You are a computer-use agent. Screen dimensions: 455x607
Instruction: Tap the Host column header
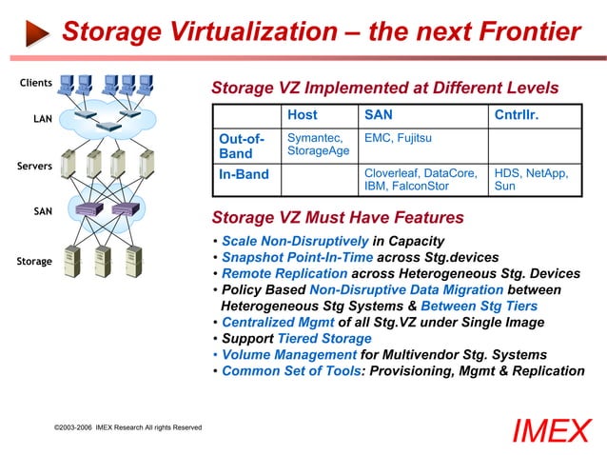coord(302,116)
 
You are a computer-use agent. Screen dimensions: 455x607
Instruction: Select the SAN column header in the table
coord(378,116)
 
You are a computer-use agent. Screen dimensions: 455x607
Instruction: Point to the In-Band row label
coord(244,174)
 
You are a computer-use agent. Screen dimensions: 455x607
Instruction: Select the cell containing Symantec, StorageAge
coord(318,145)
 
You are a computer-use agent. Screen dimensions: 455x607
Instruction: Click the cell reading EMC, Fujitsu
coord(398,139)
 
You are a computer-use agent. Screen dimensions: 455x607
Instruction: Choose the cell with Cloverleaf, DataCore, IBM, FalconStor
coord(421,180)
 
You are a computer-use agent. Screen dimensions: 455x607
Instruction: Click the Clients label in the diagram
coord(36,83)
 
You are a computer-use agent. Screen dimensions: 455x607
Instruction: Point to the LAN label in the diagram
coord(42,119)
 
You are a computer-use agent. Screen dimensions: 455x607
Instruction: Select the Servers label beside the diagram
coord(34,166)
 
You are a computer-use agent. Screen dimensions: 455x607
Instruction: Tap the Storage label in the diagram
coord(34,260)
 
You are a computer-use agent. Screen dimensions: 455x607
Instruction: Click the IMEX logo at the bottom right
coord(551,430)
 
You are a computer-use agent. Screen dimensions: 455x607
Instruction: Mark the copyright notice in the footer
coord(127,427)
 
